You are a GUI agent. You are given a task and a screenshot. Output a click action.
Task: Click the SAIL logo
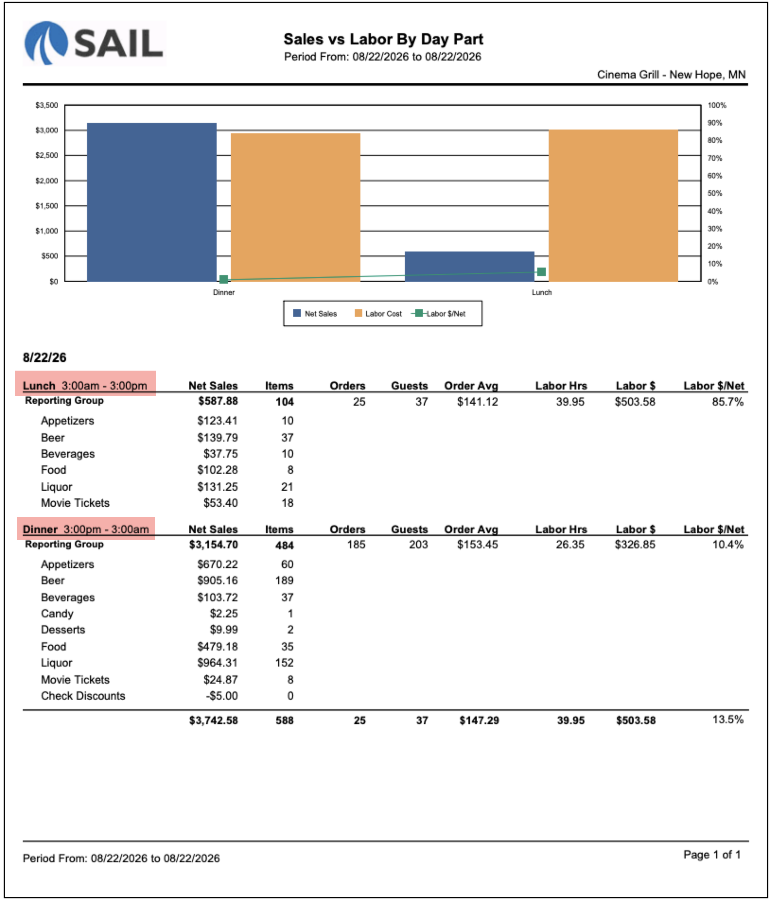[x=94, y=43]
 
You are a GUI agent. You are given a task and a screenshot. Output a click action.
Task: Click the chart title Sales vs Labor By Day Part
[x=383, y=39]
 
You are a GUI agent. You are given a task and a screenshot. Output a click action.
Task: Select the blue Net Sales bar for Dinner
[x=151, y=202]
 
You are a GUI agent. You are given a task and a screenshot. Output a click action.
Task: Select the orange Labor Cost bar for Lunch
[x=613, y=205]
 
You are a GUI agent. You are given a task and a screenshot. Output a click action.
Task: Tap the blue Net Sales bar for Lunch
[x=469, y=266]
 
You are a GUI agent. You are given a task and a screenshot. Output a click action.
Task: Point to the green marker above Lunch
[x=542, y=272]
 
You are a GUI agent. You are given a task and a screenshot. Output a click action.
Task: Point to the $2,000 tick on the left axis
[x=46, y=181]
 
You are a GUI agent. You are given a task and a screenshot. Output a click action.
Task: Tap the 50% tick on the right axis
[x=715, y=193]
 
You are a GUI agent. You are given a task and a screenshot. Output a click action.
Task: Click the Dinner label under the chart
[x=224, y=293]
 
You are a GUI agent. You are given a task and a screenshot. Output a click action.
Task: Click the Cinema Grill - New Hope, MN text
[x=671, y=75]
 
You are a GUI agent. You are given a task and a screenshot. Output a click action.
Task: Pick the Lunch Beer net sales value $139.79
[x=218, y=437]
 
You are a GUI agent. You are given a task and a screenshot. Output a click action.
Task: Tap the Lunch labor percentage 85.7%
[x=728, y=402]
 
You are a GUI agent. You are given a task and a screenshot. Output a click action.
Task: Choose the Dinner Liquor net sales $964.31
[x=218, y=663]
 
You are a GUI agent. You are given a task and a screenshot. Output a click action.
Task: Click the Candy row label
[x=57, y=614]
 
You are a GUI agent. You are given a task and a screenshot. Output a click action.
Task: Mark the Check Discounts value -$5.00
[x=222, y=696]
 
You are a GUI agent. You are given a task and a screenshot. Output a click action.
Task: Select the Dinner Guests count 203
[x=418, y=545]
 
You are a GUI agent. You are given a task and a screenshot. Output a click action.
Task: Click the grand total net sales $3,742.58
[x=213, y=720]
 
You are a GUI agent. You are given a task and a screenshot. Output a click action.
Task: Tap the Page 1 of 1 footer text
[x=712, y=855]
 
